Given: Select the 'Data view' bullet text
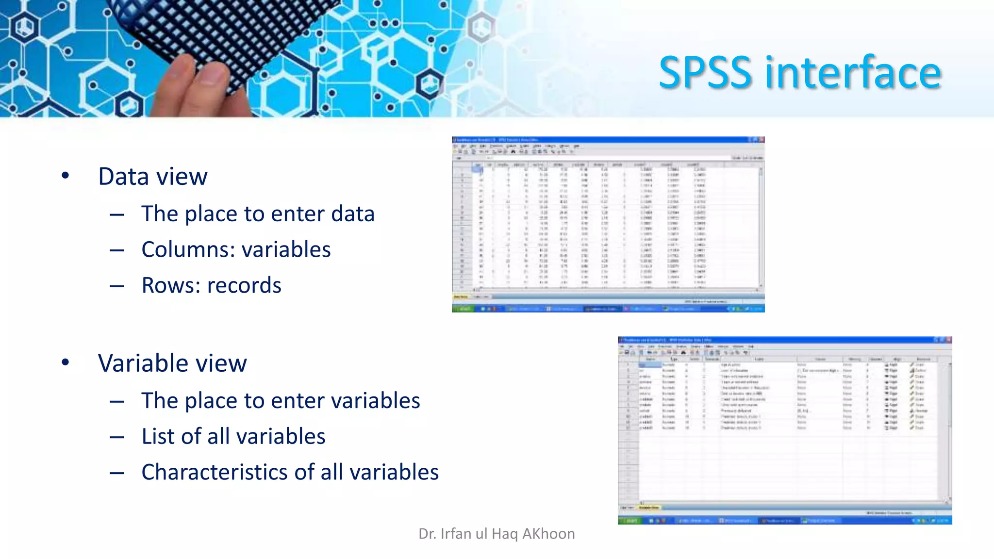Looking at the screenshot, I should pyautogui.click(x=153, y=177).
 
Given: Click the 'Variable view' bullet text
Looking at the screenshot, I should pyautogui.click(x=172, y=363).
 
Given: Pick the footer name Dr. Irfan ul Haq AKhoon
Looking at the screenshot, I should pyautogui.click(x=497, y=534).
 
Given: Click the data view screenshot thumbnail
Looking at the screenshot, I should pyautogui.click(x=608, y=224).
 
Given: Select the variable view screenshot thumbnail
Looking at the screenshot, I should pyautogui.click(x=784, y=430).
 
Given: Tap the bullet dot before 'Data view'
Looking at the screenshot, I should pyautogui.click(x=66, y=176).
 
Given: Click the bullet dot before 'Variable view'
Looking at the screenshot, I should pyautogui.click(x=66, y=362).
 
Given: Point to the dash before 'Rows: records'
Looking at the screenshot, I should pyautogui.click(x=116, y=286).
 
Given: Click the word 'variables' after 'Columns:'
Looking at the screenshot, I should pyautogui.click(x=286, y=249).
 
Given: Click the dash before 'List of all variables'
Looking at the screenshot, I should pyautogui.click(x=116, y=437).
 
